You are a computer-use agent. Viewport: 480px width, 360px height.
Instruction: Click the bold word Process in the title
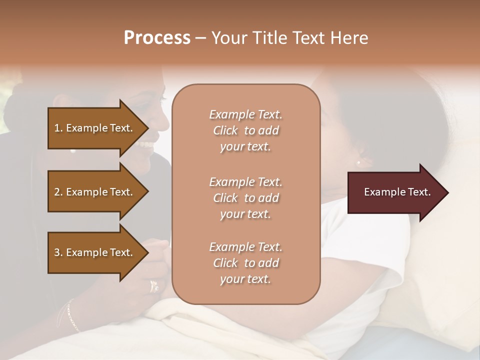click(157, 38)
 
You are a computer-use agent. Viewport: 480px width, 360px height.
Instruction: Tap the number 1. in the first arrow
click(58, 128)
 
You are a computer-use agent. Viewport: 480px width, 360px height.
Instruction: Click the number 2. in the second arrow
click(58, 192)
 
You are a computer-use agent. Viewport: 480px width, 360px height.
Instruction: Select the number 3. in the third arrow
click(58, 252)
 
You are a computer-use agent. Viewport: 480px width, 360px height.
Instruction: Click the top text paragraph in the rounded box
click(245, 130)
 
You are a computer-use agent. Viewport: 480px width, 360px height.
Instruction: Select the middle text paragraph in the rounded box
click(245, 198)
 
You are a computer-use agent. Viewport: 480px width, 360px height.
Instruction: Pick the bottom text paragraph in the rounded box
click(245, 263)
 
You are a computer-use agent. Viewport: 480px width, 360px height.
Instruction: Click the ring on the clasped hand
click(154, 286)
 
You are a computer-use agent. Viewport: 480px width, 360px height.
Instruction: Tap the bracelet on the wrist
click(72, 315)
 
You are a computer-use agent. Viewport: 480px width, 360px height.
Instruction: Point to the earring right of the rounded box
click(358, 162)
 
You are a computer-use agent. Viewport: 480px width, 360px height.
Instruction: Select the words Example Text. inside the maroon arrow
click(397, 192)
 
